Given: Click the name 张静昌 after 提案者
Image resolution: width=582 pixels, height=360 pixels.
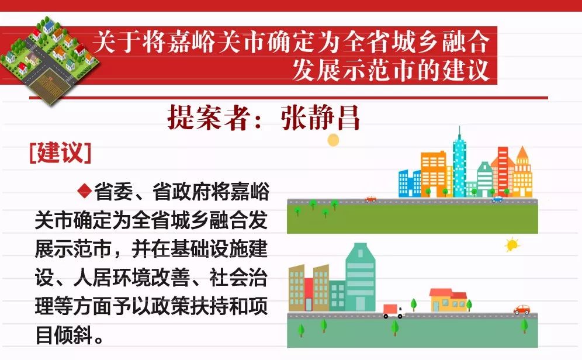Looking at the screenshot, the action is point(320,117).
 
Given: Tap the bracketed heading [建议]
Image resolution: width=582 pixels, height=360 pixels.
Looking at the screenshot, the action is point(60,152).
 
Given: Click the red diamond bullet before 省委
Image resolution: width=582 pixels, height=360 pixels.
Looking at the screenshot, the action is point(85,191).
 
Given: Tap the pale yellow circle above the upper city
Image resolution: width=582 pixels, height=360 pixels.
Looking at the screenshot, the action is point(333,140).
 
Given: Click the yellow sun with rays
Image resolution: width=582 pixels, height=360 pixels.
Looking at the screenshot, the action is point(512,245).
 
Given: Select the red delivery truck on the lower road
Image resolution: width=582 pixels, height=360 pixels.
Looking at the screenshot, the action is point(393,311).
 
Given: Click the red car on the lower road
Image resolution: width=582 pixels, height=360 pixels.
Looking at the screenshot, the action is point(521,310).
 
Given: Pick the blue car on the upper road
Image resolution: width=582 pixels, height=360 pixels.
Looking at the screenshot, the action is point(497,199).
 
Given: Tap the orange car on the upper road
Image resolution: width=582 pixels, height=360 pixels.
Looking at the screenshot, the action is point(370,199).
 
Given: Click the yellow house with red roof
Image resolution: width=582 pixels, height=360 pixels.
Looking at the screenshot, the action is point(448,300).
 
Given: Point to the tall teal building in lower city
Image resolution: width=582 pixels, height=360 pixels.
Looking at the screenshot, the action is point(360,277).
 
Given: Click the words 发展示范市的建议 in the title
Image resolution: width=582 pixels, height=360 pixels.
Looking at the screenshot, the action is point(390,70).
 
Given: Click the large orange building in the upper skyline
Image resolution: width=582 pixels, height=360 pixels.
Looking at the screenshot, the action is point(434,174).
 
